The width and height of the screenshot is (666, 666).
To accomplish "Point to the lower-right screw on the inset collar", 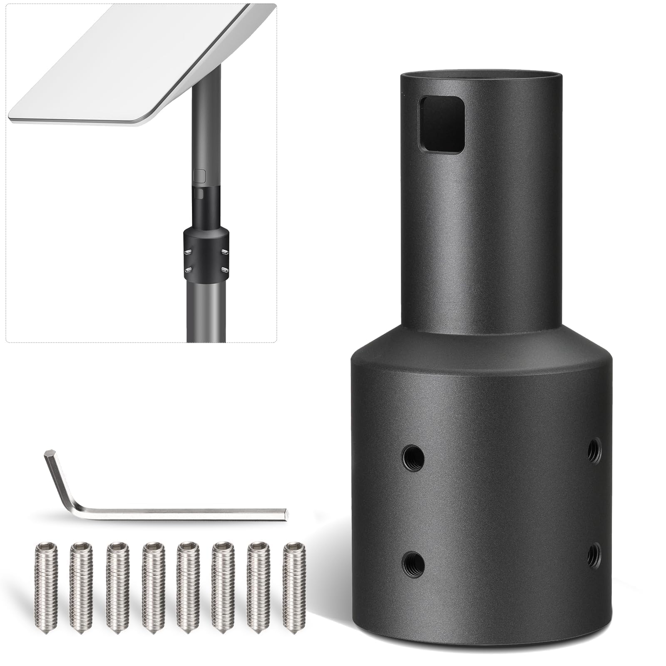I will point(224,270).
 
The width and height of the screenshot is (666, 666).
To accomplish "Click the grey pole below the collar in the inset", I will point(206,312).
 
